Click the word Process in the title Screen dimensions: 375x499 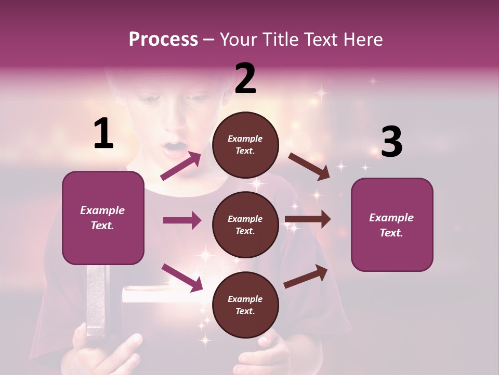click(x=163, y=39)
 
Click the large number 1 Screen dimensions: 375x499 click(x=103, y=133)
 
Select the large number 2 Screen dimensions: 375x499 click(x=245, y=79)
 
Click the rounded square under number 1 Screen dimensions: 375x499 click(x=103, y=218)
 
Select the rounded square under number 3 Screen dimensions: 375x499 click(x=392, y=224)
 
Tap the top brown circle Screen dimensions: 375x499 click(x=245, y=144)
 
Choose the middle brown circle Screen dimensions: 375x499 click(x=245, y=224)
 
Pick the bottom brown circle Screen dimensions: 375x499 click(x=245, y=305)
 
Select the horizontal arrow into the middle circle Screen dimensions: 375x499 click(x=182, y=220)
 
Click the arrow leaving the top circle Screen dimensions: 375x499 click(x=309, y=166)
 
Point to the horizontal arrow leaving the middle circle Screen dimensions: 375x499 click(x=307, y=219)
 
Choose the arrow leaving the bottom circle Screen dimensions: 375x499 click(x=306, y=276)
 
